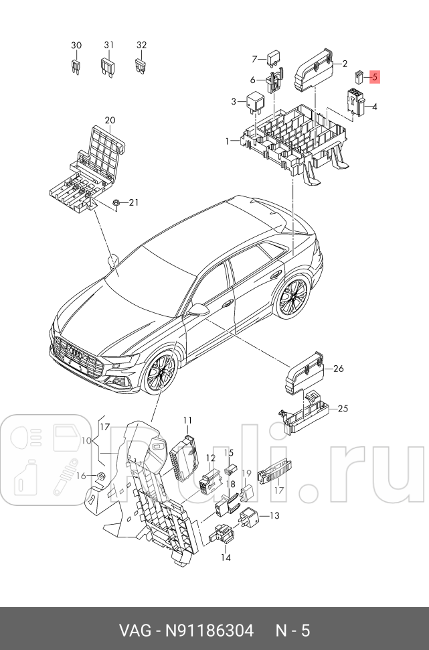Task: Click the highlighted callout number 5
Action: pyautogui.click(x=375, y=77)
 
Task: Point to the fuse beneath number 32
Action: pyautogui.click(x=141, y=66)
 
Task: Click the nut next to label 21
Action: pyautogui.click(x=116, y=202)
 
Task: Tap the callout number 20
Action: pyautogui.click(x=110, y=121)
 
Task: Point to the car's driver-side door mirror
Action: pyautogui.click(x=199, y=310)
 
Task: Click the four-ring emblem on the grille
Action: pyautogui.click(x=79, y=354)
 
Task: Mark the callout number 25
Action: pyautogui.click(x=343, y=408)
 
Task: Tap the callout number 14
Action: pyautogui.click(x=226, y=557)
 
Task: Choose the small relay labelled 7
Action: pyautogui.click(x=273, y=56)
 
